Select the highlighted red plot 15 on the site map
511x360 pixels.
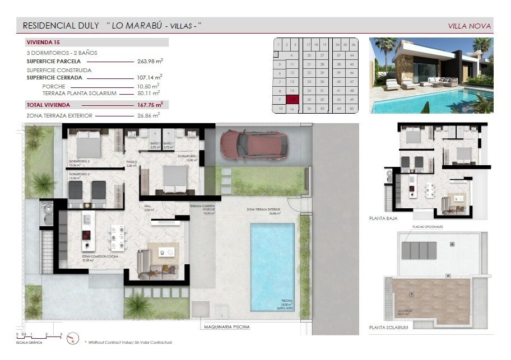(291, 99)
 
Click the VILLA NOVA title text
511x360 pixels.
(470, 26)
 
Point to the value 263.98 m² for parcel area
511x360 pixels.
(150, 61)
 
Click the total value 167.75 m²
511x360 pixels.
(150, 105)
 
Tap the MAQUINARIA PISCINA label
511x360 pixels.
(227, 326)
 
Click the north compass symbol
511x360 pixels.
(72, 338)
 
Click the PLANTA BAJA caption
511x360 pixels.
(383, 218)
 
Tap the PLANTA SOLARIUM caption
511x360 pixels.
(388, 327)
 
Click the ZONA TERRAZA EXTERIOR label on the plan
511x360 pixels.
(263, 209)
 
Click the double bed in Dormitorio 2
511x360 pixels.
(87, 146)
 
